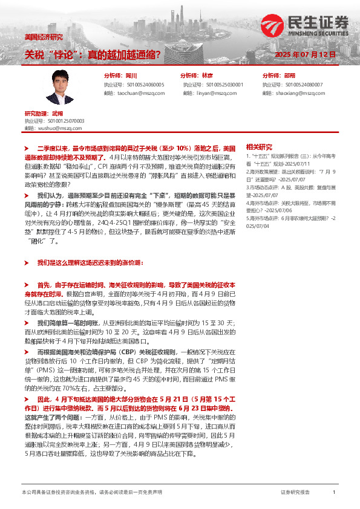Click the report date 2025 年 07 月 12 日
click(x=305, y=54)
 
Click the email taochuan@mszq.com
click(x=134, y=94)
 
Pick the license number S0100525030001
click(x=221, y=85)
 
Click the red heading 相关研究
click(x=259, y=147)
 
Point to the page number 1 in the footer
click(x=333, y=493)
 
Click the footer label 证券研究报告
click(x=295, y=493)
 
